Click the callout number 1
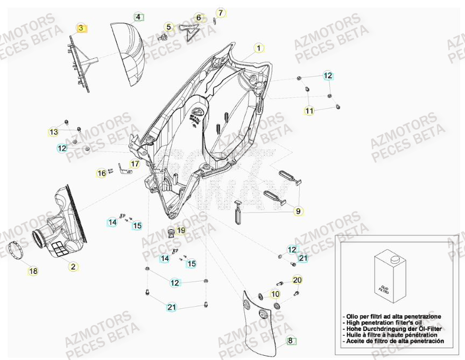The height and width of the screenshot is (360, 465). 258,48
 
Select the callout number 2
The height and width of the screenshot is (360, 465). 73,265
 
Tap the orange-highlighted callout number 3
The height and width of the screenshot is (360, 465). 81,28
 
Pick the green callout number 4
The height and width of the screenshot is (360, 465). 138,17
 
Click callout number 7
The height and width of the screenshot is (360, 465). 220,12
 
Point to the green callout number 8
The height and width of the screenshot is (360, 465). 291,340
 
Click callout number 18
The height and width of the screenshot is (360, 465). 33,271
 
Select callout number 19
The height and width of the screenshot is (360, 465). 181,230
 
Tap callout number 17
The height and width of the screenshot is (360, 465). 135,164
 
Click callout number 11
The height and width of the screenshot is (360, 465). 309,111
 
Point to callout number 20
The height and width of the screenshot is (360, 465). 298,280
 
